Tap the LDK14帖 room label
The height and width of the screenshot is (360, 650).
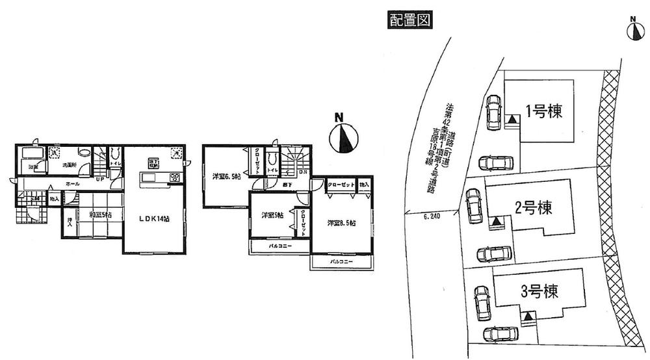click(x=155, y=218)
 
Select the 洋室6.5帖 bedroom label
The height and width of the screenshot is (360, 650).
click(x=225, y=177)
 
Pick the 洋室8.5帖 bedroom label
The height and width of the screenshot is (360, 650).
click(x=340, y=222)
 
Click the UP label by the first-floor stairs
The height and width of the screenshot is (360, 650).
click(x=101, y=180)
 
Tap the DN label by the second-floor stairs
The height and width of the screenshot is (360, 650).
click(x=303, y=172)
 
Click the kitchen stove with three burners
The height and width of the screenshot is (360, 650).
click(x=175, y=177)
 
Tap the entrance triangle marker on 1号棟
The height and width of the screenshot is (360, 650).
click(x=513, y=120)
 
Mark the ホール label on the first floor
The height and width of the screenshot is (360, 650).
click(x=73, y=185)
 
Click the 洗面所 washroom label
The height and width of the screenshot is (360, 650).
click(x=68, y=166)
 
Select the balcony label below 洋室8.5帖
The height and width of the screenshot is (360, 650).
click(x=341, y=261)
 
